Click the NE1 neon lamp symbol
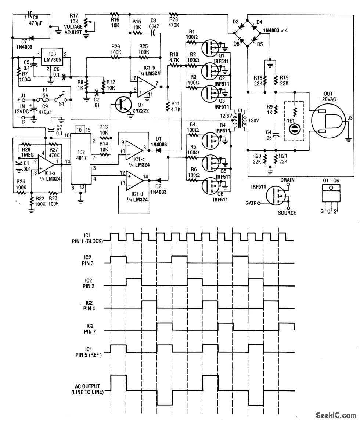(295, 129)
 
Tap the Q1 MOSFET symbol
(210, 46)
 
